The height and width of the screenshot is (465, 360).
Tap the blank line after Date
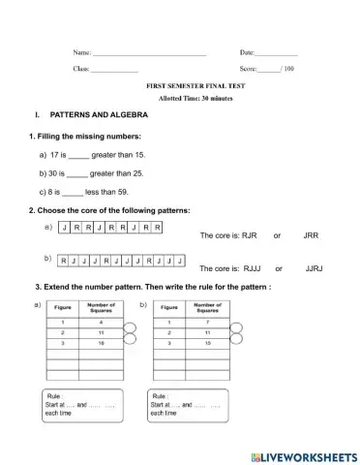[277, 52]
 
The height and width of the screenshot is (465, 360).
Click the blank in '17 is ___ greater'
[78, 155]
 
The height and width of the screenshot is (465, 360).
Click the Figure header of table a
[60, 308]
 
